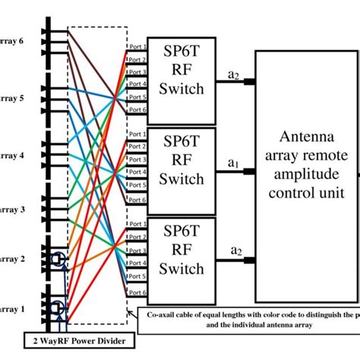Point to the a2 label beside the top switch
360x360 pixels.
tap(232, 75)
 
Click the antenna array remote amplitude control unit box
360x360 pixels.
tap(308, 172)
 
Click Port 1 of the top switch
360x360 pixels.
tap(137, 47)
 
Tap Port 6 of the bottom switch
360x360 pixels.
tap(137, 292)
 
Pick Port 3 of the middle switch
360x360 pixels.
tap(137, 159)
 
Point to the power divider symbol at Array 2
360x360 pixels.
tap(55, 261)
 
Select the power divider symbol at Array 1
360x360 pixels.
tap(55, 309)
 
